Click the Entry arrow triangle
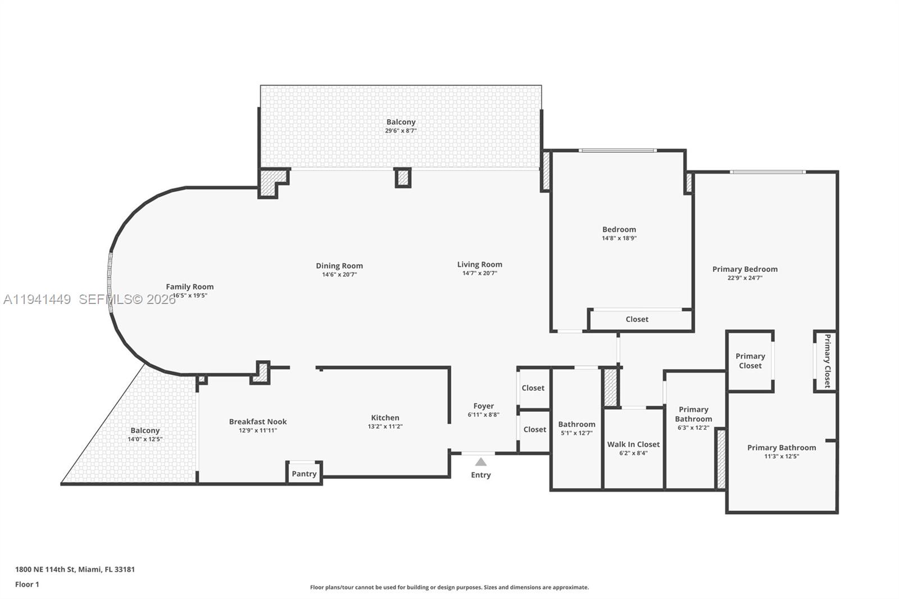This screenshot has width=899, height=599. [x=481, y=462]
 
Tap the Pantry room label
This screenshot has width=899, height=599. [x=304, y=474]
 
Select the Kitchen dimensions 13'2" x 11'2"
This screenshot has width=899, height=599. [x=385, y=426]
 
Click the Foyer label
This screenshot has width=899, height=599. [x=483, y=406]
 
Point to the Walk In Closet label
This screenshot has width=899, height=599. [x=633, y=444]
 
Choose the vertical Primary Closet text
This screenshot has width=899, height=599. [x=827, y=361]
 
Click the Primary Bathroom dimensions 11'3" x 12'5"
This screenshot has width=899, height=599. [x=781, y=456]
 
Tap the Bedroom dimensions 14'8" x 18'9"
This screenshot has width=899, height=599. [x=619, y=238]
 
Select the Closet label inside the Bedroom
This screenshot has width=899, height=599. [x=637, y=319]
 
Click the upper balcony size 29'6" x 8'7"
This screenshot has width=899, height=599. [x=401, y=131]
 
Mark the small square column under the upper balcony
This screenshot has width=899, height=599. [x=403, y=178]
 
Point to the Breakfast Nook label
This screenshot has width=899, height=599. [x=258, y=421]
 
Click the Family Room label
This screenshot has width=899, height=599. [x=189, y=287]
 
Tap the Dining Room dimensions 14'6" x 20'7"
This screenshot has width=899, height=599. [x=339, y=275]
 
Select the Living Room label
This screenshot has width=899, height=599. [x=479, y=264]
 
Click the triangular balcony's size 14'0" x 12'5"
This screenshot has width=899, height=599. [x=145, y=439]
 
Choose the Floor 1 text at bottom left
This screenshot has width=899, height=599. [x=27, y=584]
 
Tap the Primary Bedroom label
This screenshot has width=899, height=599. [x=744, y=269]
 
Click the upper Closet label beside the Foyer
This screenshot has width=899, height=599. [x=533, y=388]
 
